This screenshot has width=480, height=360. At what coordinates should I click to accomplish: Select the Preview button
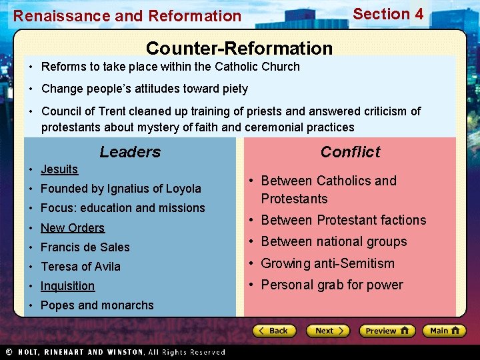pyautogui.click(x=387, y=331)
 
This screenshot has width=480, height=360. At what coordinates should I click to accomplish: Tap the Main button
pyautogui.click(x=445, y=331)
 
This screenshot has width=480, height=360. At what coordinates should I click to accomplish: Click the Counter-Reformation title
pyautogui.click(x=239, y=49)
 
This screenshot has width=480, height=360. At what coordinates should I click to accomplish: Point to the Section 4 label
pyautogui.click(x=388, y=14)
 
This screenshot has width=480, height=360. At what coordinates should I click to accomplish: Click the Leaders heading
pyautogui.click(x=130, y=152)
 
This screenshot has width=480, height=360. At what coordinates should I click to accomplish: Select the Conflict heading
pyautogui.click(x=350, y=152)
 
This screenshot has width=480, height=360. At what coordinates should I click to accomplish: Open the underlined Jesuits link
pyautogui.click(x=59, y=169)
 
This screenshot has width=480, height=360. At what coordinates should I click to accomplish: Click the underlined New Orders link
pyautogui.click(x=73, y=228)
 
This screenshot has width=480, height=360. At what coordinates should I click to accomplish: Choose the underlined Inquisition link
pyautogui.click(x=67, y=286)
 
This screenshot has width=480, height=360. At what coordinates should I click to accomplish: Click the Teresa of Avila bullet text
pyautogui.click(x=81, y=267)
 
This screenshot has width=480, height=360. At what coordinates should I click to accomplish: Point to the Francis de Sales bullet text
pyautogui.click(x=85, y=247)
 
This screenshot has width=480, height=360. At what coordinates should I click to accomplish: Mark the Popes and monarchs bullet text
pyautogui.click(x=97, y=305)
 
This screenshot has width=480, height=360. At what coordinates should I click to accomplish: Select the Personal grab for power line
pyautogui.click(x=332, y=285)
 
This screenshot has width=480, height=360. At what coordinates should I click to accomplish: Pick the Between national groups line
pyautogui.click(x=334, y=241)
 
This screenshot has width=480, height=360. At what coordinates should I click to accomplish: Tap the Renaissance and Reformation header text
pyautogui.click(x=127, y=15)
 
